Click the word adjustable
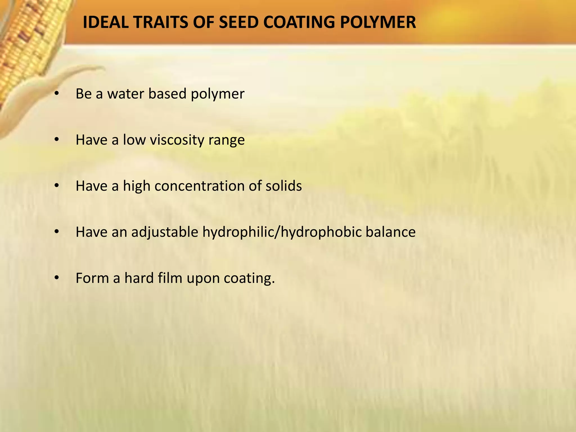point(165,232)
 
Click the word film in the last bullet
point(170,278)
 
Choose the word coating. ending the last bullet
point(249,278)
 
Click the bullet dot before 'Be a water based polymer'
point(57,94)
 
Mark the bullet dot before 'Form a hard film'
point(57,278)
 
